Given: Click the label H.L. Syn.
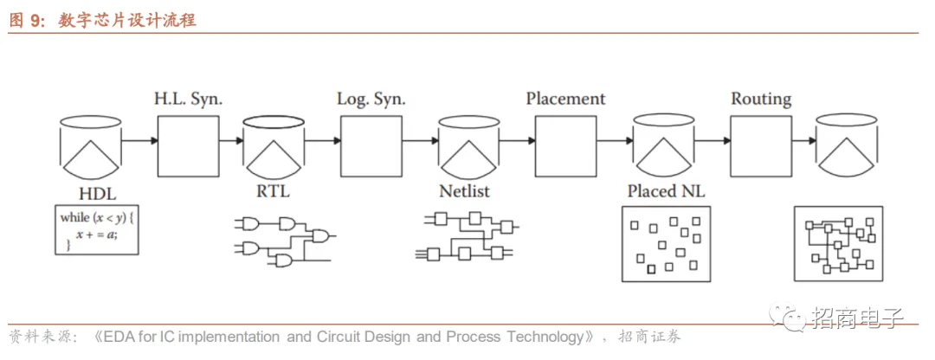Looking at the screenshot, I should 188,100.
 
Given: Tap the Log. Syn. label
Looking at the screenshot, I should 371,100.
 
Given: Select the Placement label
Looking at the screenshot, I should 565,99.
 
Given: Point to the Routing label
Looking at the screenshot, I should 761,99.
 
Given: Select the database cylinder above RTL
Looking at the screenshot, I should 274,143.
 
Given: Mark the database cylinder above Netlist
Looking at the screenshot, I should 468,144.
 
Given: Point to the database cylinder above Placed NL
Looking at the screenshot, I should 663,144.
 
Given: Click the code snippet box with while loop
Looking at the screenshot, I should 96,230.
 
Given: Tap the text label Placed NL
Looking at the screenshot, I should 664,191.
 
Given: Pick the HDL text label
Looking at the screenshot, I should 96,192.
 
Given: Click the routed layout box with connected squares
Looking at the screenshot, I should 838,243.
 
